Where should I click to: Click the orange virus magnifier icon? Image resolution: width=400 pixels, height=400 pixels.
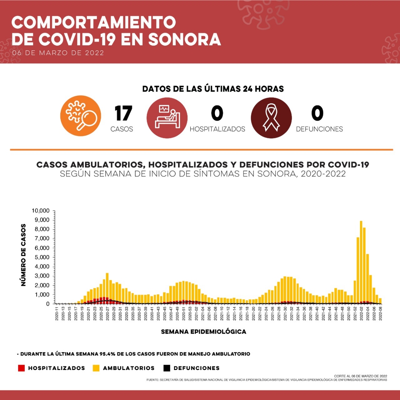coord(81,116)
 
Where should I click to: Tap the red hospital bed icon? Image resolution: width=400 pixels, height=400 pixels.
coord(167,118)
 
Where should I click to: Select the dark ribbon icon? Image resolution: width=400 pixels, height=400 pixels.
coord(271,118)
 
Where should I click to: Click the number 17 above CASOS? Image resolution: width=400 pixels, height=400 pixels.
coord(123,113)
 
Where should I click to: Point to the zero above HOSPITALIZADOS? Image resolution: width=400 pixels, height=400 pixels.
coord(217,113)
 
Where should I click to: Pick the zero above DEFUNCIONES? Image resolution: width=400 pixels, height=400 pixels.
coord(317,113)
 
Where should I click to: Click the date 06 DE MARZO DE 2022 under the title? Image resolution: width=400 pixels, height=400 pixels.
coord(58,53)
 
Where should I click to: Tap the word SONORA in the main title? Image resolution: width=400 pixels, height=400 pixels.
coord(184,39)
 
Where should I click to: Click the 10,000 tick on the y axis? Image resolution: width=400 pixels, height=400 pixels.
coord(41,211)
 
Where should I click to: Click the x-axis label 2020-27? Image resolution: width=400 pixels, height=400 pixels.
coord(108,314)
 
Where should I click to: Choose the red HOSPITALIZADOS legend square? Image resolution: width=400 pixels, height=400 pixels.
coord(21,368)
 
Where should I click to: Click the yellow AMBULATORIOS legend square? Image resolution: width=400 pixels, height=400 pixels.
coord(96,368)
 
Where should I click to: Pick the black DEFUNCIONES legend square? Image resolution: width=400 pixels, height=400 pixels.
coord(167,368)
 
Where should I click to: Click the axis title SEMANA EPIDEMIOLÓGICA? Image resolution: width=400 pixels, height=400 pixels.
coord(203,332)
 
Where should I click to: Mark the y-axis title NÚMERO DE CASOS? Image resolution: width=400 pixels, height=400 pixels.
coord(23,255)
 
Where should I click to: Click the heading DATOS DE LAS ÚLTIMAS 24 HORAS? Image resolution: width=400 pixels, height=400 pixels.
coord(213,89)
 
